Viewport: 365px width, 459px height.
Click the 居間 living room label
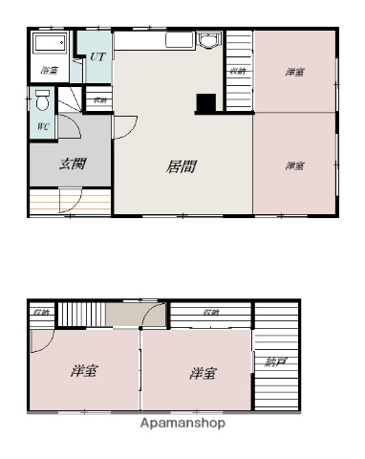[182, 165]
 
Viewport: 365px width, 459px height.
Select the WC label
[44, 126]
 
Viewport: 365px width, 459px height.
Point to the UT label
[97, 57]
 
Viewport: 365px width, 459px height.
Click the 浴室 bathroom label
[48, 70]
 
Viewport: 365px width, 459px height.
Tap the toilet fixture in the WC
[42, 101]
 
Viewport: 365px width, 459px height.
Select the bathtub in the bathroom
[49, 44]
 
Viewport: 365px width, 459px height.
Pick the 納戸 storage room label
[266, 362]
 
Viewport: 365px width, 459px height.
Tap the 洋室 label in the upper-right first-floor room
[295, 72]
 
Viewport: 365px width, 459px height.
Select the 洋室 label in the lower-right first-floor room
[295, 165]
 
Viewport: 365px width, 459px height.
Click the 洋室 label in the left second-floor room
[84, 371]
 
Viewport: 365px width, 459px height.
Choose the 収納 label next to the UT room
[99, 98]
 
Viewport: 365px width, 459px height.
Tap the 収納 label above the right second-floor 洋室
[210, 313]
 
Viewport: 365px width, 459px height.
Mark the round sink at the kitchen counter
[208, 41]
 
